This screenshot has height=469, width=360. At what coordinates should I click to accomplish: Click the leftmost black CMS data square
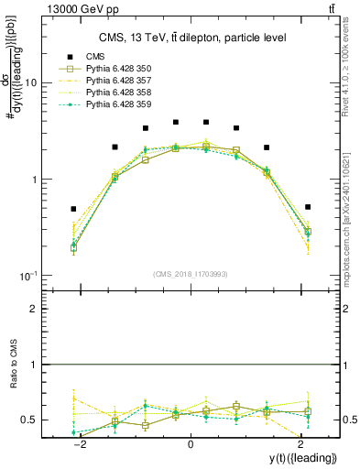coord(73,209)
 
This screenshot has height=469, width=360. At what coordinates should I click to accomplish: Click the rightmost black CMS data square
coord(308,207)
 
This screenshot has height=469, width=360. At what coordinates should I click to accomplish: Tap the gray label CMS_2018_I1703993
coord(191,273)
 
